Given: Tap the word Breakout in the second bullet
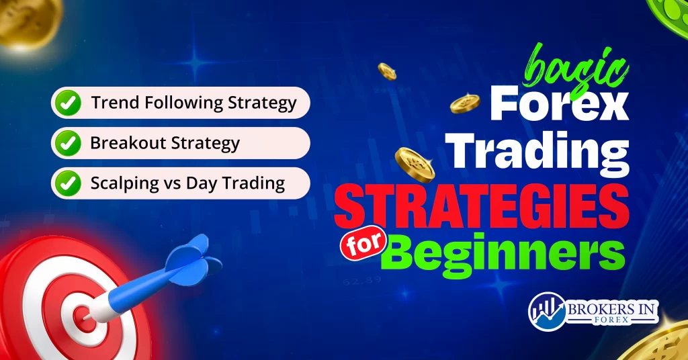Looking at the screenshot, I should (121, 143).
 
